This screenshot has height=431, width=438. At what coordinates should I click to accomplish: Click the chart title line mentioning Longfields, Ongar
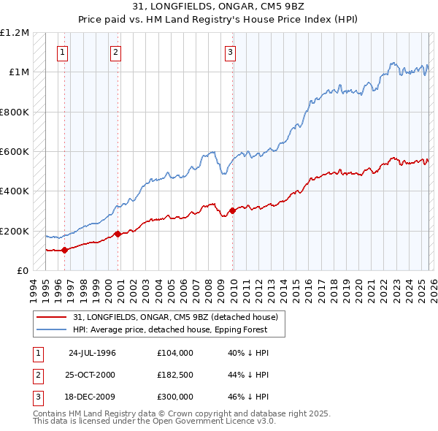tap(218, 6)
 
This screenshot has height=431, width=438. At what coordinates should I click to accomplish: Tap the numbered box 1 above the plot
tap(63, 52)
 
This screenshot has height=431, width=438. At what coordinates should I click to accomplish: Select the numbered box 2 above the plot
tap(115, 52)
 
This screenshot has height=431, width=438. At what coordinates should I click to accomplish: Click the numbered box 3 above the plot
tap(230, 52)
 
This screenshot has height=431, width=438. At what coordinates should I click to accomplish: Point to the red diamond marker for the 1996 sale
tap(65, 250)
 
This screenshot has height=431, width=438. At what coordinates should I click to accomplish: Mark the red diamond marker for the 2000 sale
tap(118, 234)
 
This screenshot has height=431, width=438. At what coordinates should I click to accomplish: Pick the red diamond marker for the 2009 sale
tap(233, 211)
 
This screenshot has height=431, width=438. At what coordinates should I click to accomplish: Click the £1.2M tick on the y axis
tap(15, 33)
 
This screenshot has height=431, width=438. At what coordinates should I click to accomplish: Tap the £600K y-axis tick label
tap(15, 152)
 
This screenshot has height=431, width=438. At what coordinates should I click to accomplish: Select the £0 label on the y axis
tap(22, 271)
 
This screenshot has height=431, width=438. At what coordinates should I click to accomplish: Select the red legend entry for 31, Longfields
tap(175, 317)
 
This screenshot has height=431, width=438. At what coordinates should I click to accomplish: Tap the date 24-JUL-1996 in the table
tap(92, 353)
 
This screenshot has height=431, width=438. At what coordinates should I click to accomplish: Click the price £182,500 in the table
tap(175, 375)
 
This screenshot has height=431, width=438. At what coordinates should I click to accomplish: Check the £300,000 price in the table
tap(175, 397)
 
